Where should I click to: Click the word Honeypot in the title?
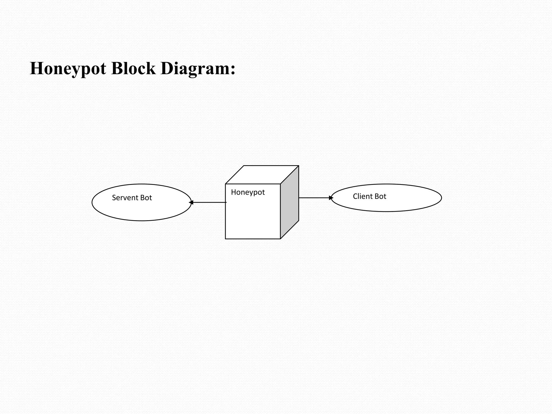tap(68, 69)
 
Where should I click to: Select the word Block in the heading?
tap(133, 68)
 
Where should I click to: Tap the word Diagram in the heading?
tap(195, 69)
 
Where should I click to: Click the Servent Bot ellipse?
tap(142, 210)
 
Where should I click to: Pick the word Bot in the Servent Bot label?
tap(146, 198)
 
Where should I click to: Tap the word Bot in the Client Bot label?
tap(380, 196)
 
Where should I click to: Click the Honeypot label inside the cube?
tap(248, 192)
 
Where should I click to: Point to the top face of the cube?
tap(262, 175)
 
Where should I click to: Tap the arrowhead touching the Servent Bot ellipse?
tap(191, 202)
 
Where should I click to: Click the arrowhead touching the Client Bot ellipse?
tap(331, 198)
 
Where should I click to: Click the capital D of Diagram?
tap(167, 68)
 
